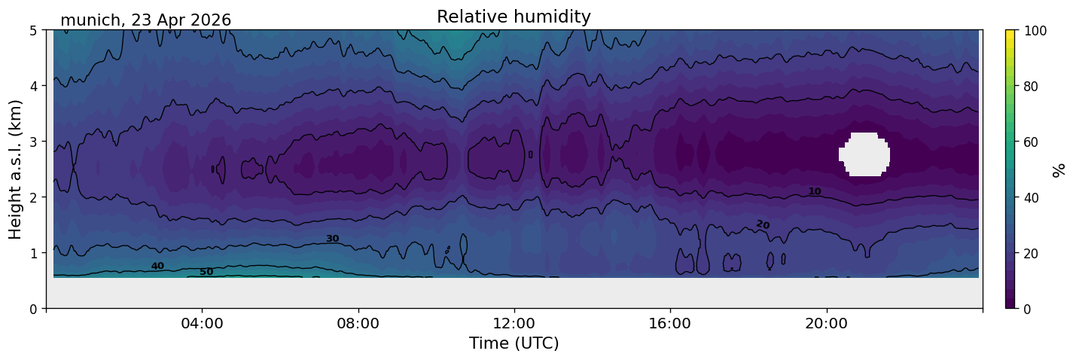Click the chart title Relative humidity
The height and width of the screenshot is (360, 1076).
coord(514,17)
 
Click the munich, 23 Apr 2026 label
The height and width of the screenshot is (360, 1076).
coord(145,20)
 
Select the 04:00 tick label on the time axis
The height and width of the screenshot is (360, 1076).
coord(202,323)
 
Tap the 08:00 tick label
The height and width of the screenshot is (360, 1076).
coord(358,323)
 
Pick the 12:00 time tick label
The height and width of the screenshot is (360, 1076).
coord(514,323)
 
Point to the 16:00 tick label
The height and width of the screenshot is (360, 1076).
coord(670,323)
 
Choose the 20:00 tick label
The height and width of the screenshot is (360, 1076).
coord(826,323)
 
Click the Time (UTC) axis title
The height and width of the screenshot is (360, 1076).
coord(514,343)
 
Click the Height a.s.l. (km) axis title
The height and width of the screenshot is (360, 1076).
coord(15,169)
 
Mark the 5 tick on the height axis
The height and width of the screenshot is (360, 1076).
coord(33,31)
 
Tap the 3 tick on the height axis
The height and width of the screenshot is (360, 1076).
coord(33,142)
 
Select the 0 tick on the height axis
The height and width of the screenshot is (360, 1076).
coord(33,309)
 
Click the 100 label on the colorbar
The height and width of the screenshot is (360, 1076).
coord(1035,31)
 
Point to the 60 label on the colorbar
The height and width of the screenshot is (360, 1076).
coord(1031,142)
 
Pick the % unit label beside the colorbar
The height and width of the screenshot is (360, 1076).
coord(1058,170)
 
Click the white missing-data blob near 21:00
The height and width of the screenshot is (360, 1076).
coord(864,154)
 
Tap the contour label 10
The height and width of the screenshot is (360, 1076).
coord(815,191)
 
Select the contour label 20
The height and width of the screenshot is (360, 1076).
coord(763,224)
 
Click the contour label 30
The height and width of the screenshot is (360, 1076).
coord(332,239)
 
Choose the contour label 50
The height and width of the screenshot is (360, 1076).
coord(206,272)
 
